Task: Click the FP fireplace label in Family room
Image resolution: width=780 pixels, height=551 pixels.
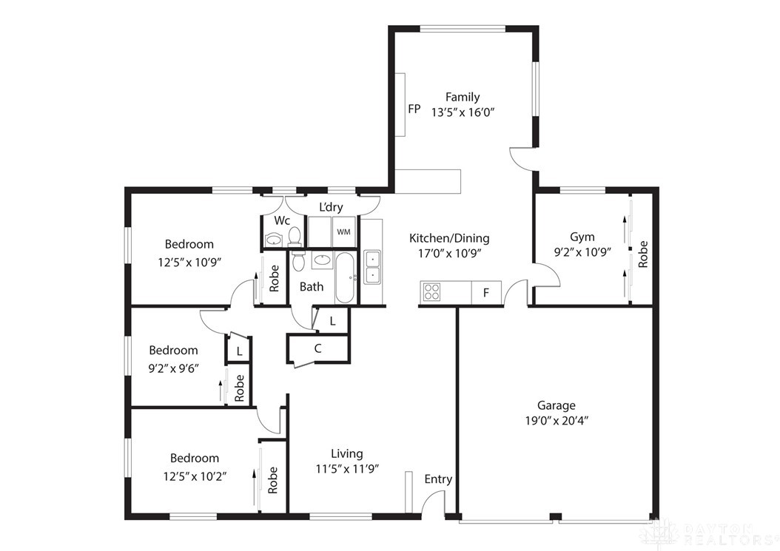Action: (414, 109)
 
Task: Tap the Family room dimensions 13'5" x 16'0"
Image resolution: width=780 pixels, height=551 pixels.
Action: (463, 112)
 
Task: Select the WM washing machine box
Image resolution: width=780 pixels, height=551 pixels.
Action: (343, 231)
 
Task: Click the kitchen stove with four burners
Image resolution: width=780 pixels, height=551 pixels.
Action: (432, 292)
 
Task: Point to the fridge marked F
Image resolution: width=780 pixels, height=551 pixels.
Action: (486, 292)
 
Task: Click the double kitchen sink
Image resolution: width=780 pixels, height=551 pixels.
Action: (371, 267)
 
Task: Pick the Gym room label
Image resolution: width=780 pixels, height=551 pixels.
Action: (582, 237)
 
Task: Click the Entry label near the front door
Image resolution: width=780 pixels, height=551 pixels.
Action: (438, 479)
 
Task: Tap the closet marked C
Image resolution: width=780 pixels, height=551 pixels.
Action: (317, 348)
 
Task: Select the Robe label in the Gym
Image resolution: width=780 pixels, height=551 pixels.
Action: (643, 254)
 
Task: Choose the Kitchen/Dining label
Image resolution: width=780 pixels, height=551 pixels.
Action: (449, 238)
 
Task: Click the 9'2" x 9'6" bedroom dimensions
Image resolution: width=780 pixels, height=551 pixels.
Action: (174, 366)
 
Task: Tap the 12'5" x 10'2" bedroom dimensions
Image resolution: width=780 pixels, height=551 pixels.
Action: (195, 476)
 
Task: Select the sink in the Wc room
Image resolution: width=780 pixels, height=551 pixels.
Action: (274, 239)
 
